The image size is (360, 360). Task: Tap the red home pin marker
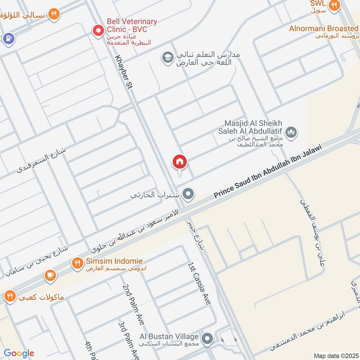[180, 162]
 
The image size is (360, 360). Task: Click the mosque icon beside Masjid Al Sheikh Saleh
[292, 132]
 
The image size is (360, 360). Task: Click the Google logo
[19, 353]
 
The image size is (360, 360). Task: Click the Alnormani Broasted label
[324, 29]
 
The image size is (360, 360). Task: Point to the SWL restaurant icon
[334, 6]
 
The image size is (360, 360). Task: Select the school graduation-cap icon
[168, 58]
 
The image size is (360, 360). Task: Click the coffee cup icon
[50, 275]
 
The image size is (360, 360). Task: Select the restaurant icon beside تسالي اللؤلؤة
[54, 14]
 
